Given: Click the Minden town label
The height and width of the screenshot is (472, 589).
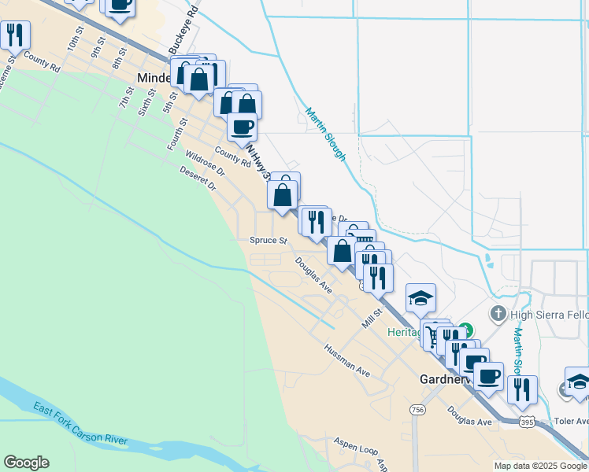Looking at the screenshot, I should pyautogui.click(x=155, y=78).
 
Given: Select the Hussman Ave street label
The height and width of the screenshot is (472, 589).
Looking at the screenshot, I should pyautogui.click(x=347, y=360).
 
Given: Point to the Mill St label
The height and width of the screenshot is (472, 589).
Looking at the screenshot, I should pyautogui.click(x=372, y=318).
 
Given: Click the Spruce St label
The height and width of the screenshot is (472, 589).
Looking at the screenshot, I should pyautogui.click(x=268, y=240).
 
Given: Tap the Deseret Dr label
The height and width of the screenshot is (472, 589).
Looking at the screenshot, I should pyautogui.click(x=197, y=179).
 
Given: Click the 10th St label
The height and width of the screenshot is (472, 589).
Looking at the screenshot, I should pyautogui.click(x=75, y=40).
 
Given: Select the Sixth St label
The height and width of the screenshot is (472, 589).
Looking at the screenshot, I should pyautogui.click(x=147, y=101).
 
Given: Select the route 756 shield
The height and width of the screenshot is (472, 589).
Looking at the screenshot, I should pyautogui.click(x=417, y=410).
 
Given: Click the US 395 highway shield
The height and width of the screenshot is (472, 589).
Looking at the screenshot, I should pyautogui.click(x=527, y=422).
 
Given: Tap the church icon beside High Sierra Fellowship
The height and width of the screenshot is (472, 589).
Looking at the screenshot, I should pyautogui.click(x=497, y=314).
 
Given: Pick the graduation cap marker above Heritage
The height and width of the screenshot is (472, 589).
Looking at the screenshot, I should pyautogui.click(x=421, y=297).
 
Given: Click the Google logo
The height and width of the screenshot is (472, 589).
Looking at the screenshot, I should pyautogui.click(x=26, y=463).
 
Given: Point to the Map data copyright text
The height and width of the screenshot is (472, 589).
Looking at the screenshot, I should pyautogui.click(x=541, y=466).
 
